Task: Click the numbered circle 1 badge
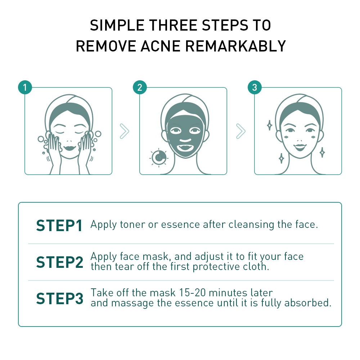(25, 87)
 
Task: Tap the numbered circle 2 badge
(140, 87)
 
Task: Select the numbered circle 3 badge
(255, 87)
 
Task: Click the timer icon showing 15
(159, 158)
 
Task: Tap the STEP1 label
(59, 225)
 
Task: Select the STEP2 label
(60, 262)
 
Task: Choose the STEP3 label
(60, 298)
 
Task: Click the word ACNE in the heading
(160, 46)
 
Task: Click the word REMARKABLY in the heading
(235, 46)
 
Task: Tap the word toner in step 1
(132, 225)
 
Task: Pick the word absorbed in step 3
(308, 303)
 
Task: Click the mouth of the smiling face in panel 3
(300, 147)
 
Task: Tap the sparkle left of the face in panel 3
(270, 125)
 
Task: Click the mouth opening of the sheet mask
(185, 147)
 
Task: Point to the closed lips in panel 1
(69, 148)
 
